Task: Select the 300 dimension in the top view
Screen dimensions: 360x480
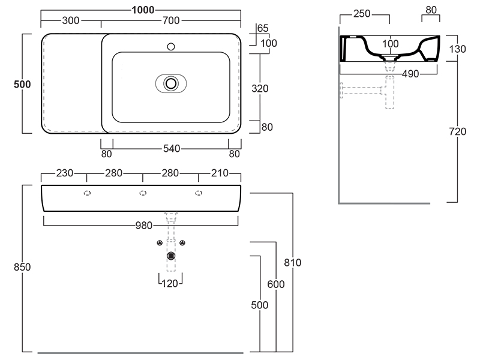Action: tap(71, 20)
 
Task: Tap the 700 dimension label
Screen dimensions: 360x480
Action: tap(171, 20)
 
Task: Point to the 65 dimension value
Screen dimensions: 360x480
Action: tap(263, 28)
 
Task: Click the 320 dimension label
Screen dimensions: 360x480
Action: tap(260, 88)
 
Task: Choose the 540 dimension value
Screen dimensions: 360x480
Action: tap(170, 148)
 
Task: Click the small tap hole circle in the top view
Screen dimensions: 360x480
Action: tap(171, 46)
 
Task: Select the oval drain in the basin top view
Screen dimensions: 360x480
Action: tap(172, 83)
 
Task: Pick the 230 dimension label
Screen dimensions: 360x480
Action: tap(64, 173)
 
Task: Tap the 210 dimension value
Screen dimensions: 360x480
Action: tap(220, 173)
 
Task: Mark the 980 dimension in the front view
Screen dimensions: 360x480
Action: tap(142, 226)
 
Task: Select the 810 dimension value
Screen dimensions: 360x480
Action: tap(292, 262)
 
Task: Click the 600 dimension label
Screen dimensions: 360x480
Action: tap(276, 284)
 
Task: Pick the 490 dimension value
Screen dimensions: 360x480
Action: tap(394, 74)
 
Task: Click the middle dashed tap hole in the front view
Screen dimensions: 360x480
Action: tap(143, 193)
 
